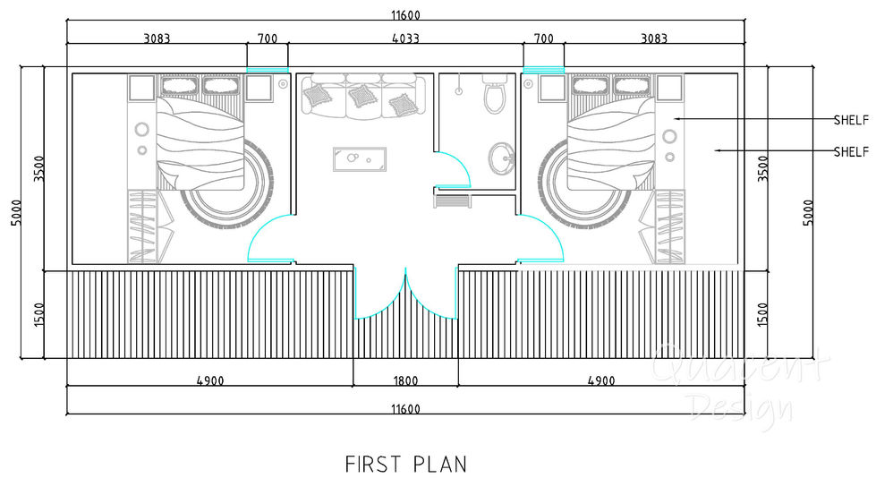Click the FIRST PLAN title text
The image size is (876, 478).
click(405, 464)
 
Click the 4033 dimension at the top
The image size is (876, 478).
click(405, 38)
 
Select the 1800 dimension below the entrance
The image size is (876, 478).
click(405, 380)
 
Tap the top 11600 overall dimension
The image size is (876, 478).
click(405, 13)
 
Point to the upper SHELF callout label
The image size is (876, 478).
click(851, 119)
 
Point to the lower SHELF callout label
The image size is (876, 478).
click(851, 151)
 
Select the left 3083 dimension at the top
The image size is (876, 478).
click(157, 38)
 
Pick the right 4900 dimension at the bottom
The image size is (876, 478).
click(601, 380)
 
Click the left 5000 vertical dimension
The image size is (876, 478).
click(16, 212)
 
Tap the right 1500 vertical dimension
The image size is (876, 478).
click(761, 313)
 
